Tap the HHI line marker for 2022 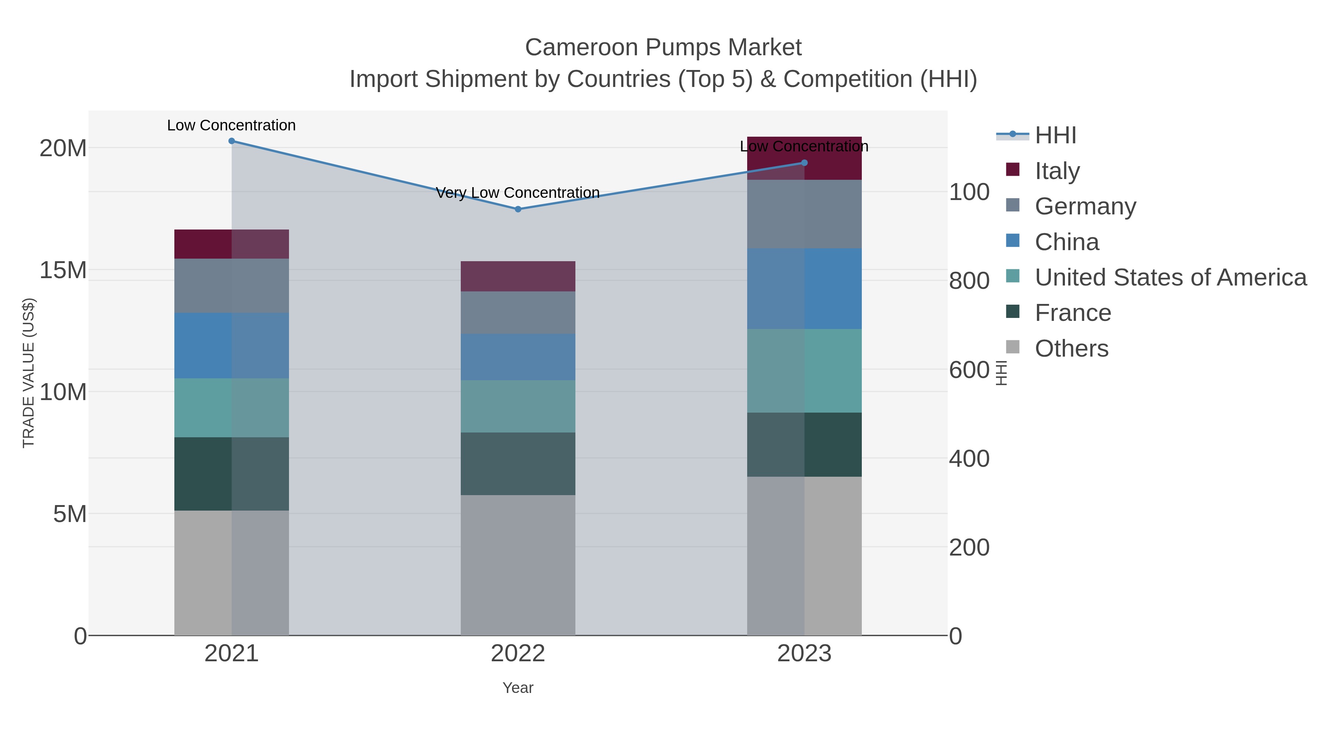(518, 209)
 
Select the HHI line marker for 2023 (804, 163)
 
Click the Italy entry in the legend (1057, 171)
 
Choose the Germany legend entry (1085, 206)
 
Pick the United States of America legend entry (1170, 277)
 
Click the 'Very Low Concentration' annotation (518, 193)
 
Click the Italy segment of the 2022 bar (518, 276)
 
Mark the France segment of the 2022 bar (518, 463)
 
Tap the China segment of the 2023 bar (804, 288)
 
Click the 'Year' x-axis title (518, 688)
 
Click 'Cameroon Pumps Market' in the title (663, 48)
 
